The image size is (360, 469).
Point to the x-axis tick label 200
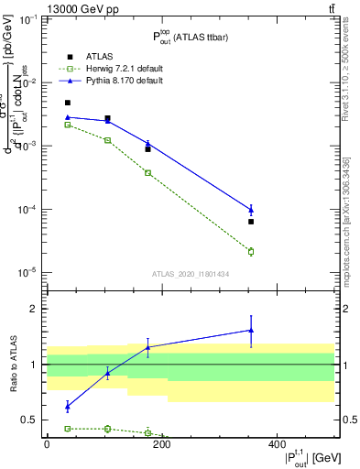(x=161, y=443)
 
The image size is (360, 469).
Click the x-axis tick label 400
(x=277, y=443)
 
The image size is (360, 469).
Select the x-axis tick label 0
(x=47, y=443)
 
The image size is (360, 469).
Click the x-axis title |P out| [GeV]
(x=296, y=457)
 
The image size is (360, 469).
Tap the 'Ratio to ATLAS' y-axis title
(x=13, y=364)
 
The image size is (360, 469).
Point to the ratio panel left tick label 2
(x=35, y=309)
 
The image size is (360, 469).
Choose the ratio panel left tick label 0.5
(x=30, y=420)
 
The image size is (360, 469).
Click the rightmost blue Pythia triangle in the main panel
(x=251, y=209)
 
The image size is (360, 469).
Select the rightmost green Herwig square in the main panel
(x=251, y=251)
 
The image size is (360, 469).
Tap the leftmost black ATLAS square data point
(x=68, y=103)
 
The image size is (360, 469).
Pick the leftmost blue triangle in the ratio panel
(x=68, y=406)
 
